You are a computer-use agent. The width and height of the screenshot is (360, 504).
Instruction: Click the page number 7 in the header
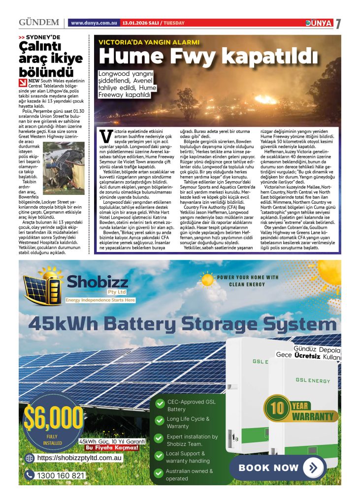pyautogui.click(x=338, y=24)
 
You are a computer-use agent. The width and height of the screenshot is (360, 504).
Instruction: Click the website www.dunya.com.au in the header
pyautogui.click(x=94, y=23)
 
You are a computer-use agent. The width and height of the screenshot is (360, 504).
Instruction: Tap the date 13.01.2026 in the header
pyautogui.click(x=137, y=23)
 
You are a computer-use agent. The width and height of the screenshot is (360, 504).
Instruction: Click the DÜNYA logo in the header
pyautogui.click(x=318, y=23)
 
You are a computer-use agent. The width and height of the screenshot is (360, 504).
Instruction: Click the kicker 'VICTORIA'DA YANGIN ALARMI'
pyautogui.click(x=149, y=42)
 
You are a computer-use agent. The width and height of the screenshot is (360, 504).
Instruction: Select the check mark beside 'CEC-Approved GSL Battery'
pyautogui.click(x=160, y=404)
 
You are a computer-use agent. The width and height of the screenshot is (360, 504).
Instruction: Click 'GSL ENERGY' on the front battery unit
pyautogui.click(x=313, y=380)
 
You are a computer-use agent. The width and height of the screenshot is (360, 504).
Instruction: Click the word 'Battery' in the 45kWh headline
pyautogui.click(x=164, y=323)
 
